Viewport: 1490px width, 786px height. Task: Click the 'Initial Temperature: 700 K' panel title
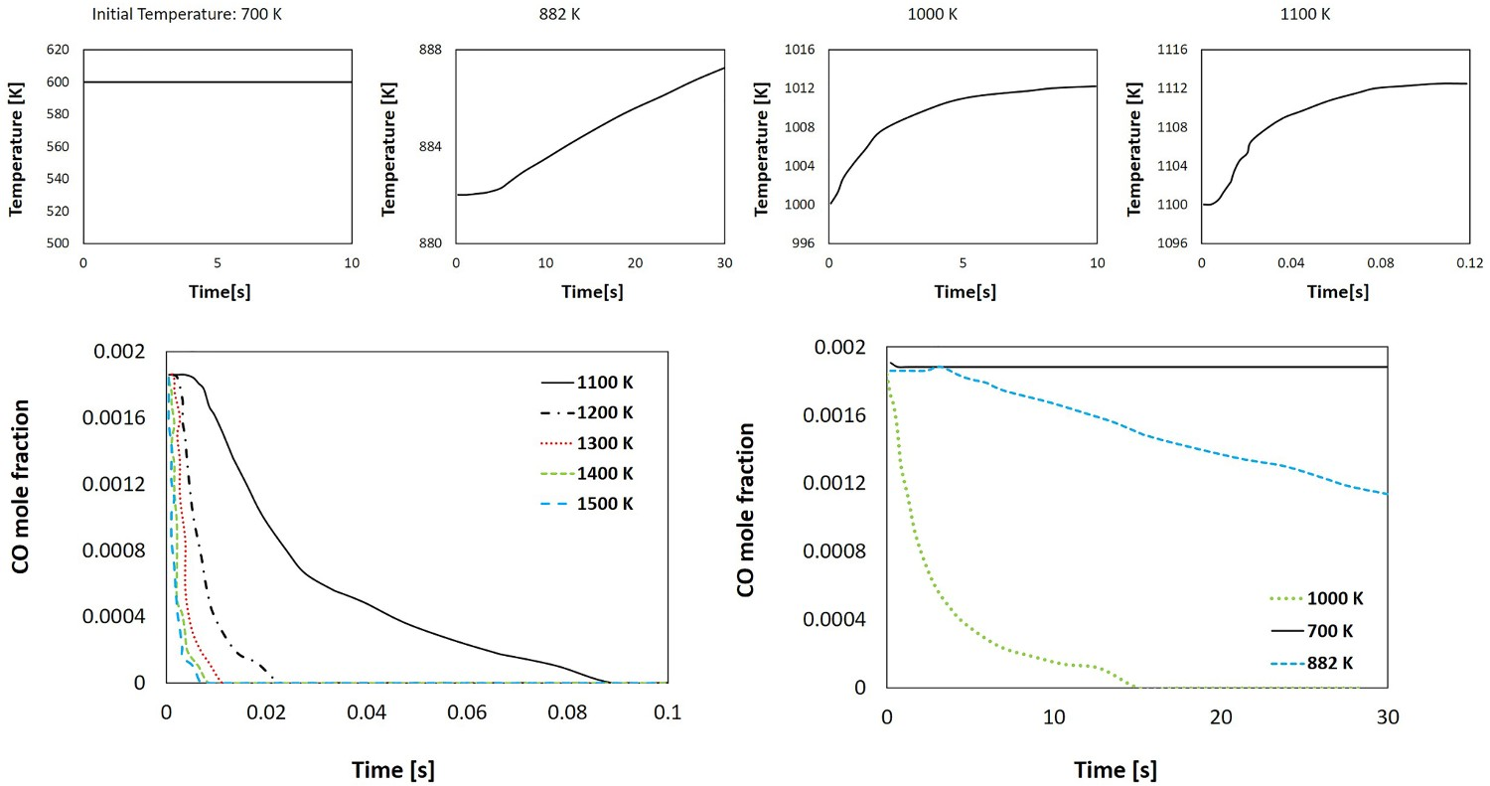click(x=187, y=14)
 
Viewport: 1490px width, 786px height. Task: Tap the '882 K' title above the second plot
click(x=559, y=14)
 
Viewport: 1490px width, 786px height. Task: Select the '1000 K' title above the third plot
click(x=933, y=14)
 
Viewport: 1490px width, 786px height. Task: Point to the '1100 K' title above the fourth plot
click(x=1305, y=14)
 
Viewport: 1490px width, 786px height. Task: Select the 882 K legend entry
click(x=1309, y=663)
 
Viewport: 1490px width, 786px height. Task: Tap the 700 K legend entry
click(x=1309, y=630)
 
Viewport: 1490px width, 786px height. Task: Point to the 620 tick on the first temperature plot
click(x=58, y=50)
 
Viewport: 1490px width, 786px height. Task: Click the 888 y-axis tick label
click(x=430, y=50)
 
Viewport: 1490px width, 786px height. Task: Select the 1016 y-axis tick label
click(x=800, y=50)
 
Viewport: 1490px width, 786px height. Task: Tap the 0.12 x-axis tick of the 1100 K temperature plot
click(x=1469, y=263)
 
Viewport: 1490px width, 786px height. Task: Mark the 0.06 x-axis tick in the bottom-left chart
click(x=467, y=712)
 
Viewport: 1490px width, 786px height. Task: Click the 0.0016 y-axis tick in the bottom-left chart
click(x=114, y=417)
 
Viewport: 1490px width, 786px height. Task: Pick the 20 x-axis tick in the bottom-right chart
click(x=1221, y=716)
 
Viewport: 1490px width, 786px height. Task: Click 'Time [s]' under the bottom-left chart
click(x=393, y=770)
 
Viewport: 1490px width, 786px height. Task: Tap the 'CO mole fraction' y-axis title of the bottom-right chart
click(x=746, y=510)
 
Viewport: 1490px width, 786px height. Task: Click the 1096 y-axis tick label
click(x=1172, y=242)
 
